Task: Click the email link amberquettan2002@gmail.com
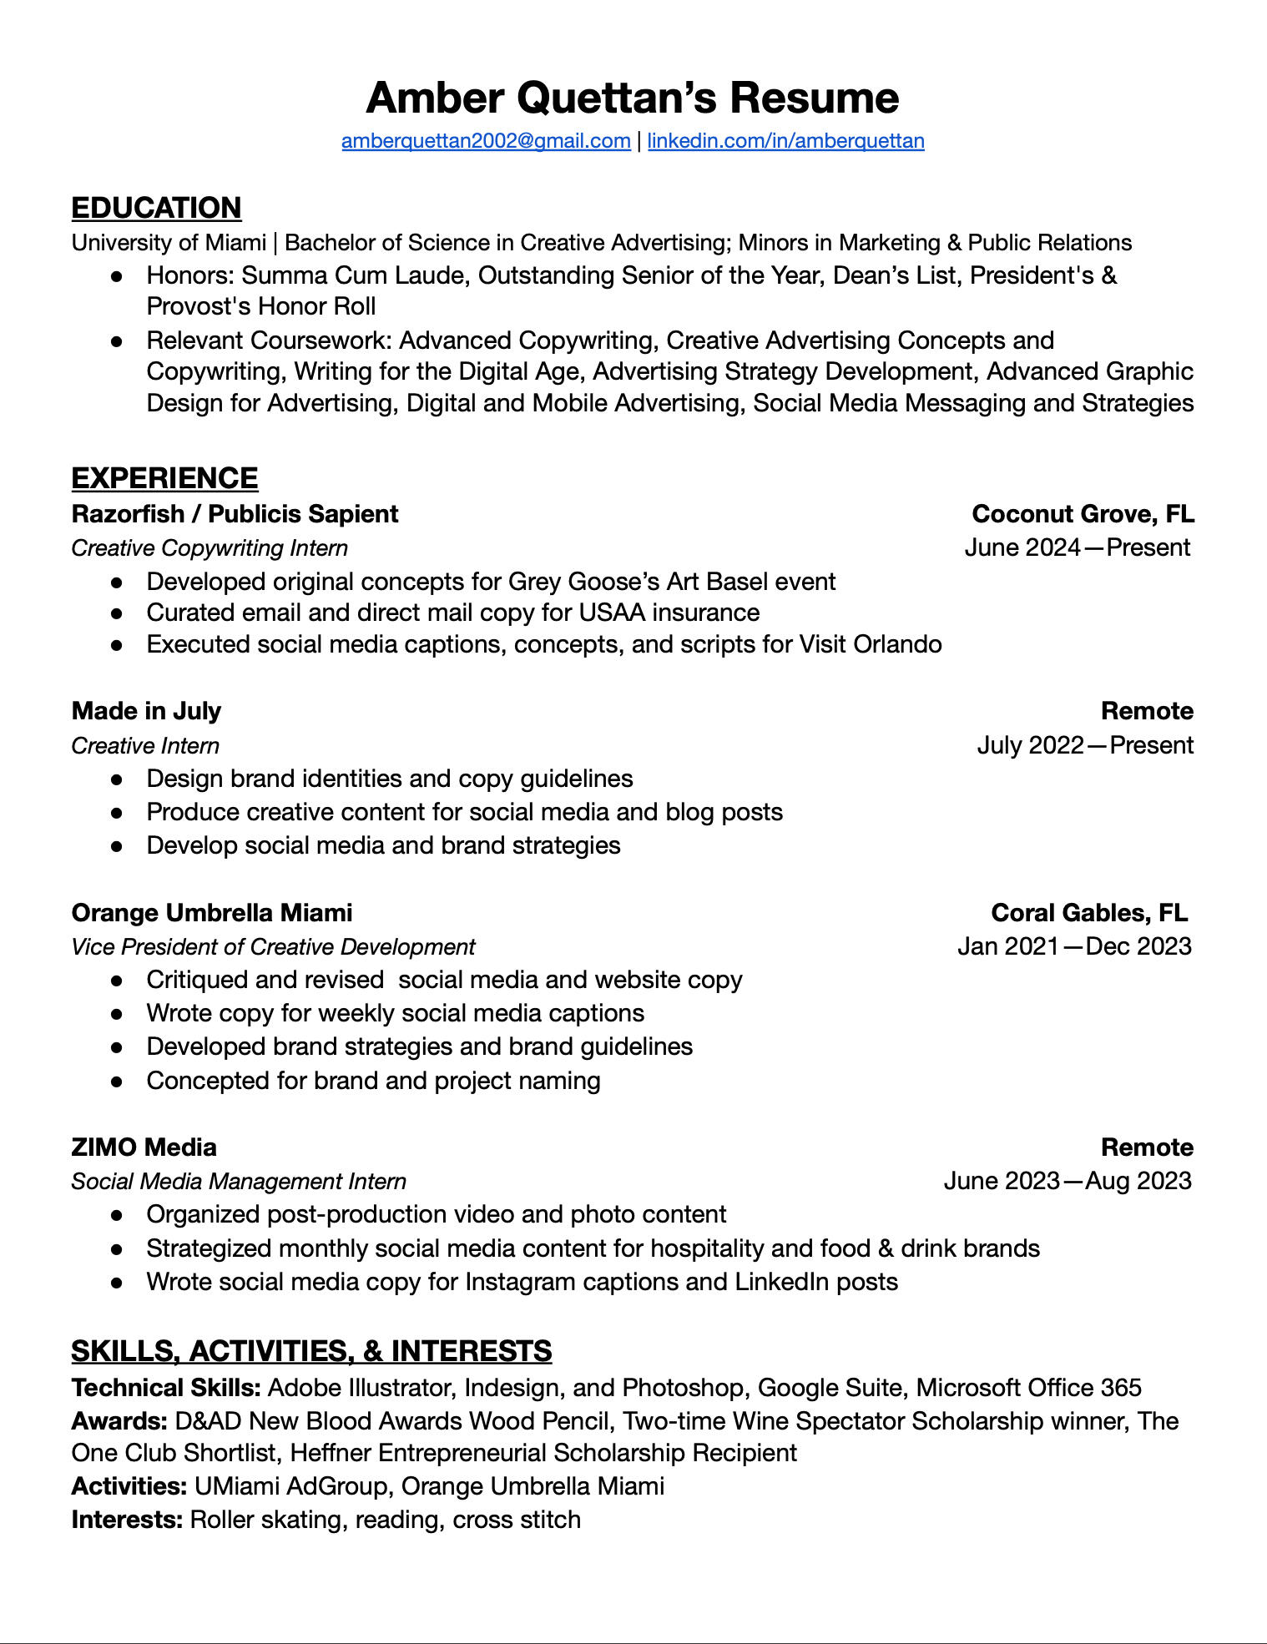coord(486,141)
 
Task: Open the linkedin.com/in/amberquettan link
coord(785,141)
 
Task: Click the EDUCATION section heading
coord(156,208)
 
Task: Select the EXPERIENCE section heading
coord(164,478)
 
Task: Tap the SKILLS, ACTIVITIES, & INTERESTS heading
coord(311,1351)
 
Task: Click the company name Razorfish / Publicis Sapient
coord(235,514)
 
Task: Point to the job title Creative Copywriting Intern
coord(209,548)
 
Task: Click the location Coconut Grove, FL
coord(1083,514)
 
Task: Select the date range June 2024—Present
coord(1077,548)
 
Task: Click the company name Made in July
coord(146,711)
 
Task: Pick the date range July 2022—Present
coord(1084,745)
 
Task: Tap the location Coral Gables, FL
coord(1088,913)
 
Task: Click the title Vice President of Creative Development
coord(273,947)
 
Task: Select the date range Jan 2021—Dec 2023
coord(1074,946)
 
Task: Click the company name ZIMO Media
coord(144,1147)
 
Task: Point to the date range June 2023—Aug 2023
coord(1068,1181)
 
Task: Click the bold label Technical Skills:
coord(166,1388)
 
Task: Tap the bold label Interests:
coord(127,1520)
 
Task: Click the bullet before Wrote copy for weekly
coord(118,1014)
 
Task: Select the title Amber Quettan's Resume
coord(633,98)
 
